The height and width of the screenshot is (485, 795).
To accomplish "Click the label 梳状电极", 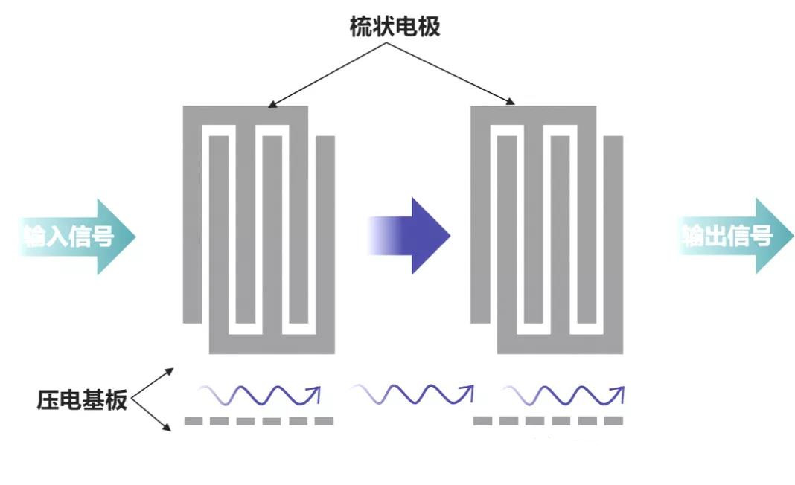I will tap(395, 27).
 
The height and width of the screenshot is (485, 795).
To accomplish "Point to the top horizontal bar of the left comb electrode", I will tap(246, 115).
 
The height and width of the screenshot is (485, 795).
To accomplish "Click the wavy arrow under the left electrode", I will tap(259, 395).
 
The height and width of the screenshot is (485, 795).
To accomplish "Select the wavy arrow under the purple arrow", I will tap(412, 395).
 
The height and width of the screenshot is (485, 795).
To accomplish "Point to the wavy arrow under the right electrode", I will tap(563, 395).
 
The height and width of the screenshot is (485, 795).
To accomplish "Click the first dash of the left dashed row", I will tap(193, 421).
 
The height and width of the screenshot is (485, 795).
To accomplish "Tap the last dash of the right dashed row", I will tap(613, 421).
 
